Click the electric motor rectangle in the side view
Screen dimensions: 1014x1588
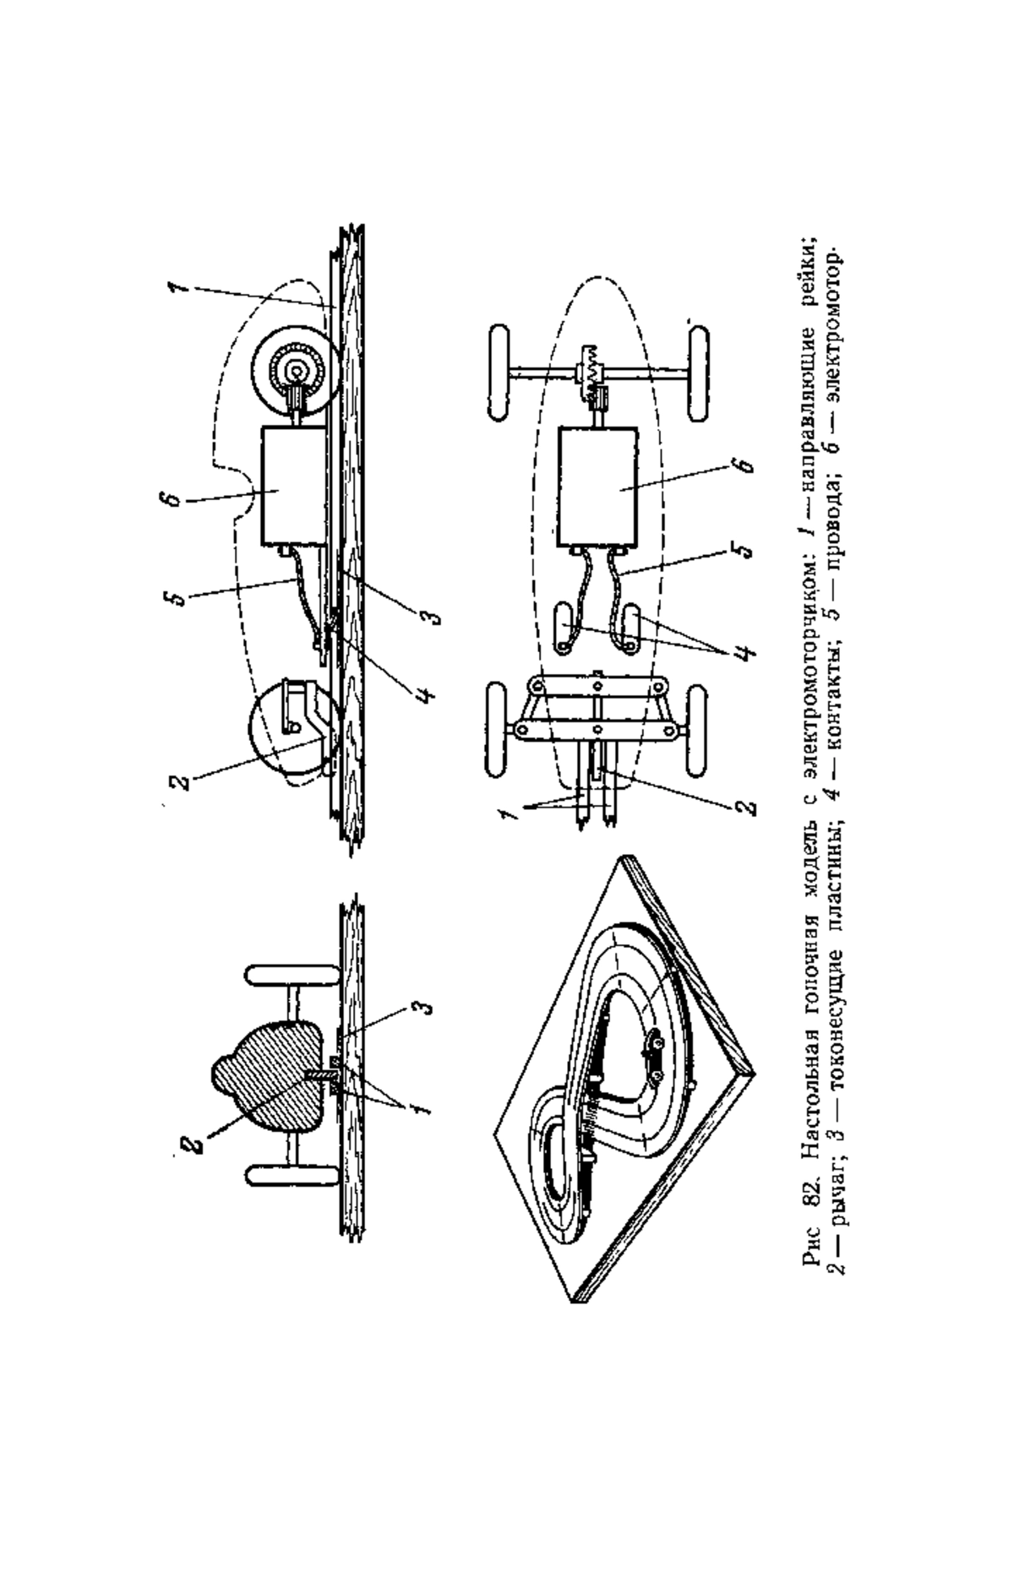(293, 486)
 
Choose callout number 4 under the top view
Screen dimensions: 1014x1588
(740, 655)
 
